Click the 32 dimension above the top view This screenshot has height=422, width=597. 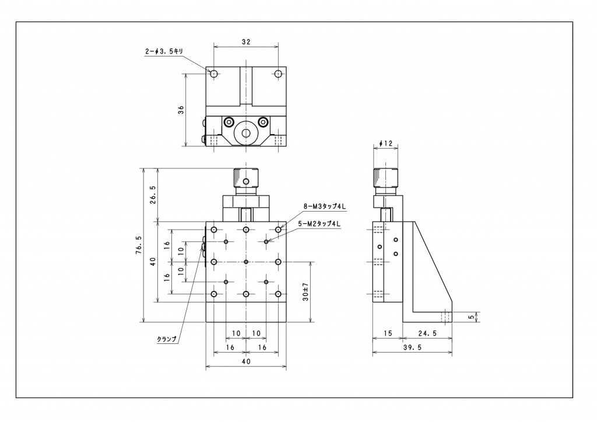click(x=245, y=41)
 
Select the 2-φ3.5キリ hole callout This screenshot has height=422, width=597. click(x=164, y=51)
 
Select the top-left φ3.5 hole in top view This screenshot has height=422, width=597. click(x=214, y=74)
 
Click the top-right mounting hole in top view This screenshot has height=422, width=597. click(x=278, y=74)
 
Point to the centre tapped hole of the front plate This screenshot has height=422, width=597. click(x=246, y=262)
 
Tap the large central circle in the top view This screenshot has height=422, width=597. click(x=246, y=133)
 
